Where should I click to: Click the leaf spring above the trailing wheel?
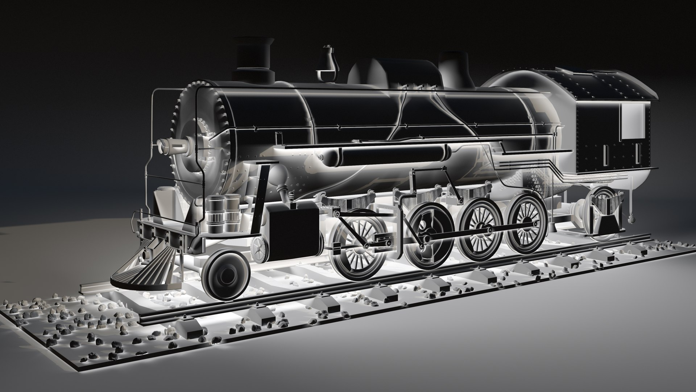click(x=602, y=203)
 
